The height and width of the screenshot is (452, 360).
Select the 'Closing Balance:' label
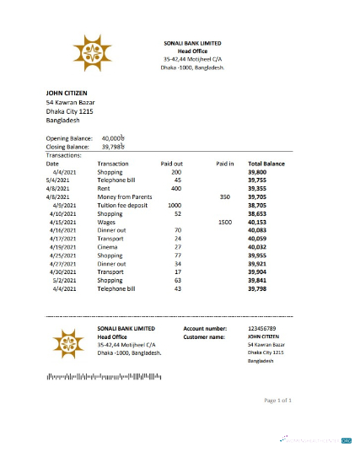click(67, 146)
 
